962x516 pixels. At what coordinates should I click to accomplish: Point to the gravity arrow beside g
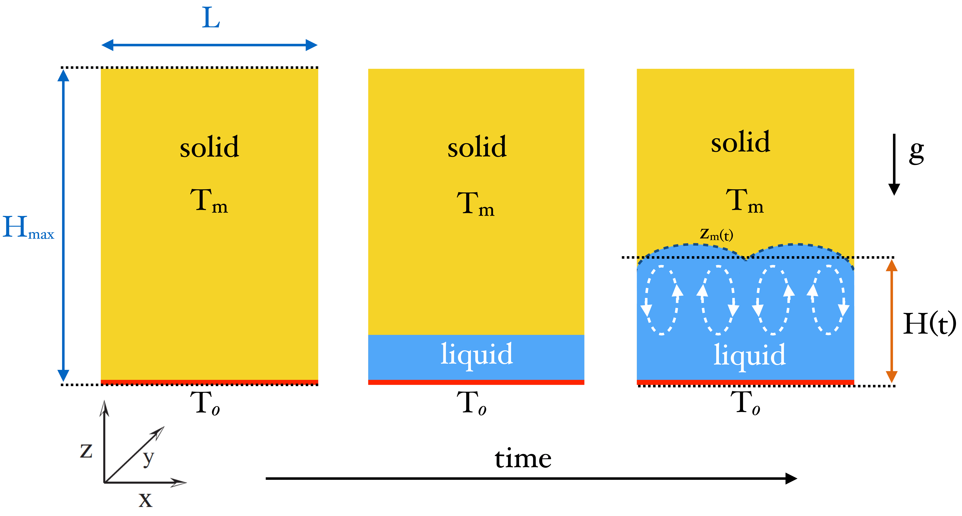[x=894, y=164]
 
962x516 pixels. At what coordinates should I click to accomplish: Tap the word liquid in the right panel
[x=750, y=355]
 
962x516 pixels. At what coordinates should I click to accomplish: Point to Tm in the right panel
[x=744, y=202]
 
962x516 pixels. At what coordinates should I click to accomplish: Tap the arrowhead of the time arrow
[x=791, y=478]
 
